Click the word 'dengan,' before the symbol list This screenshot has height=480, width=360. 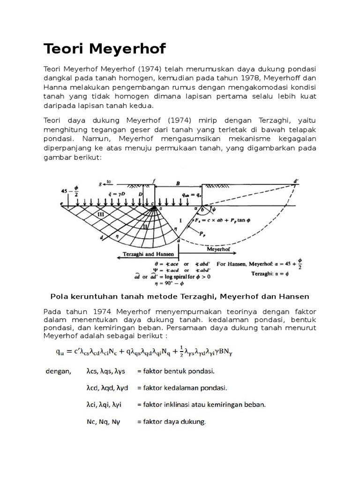pos(58,371)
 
